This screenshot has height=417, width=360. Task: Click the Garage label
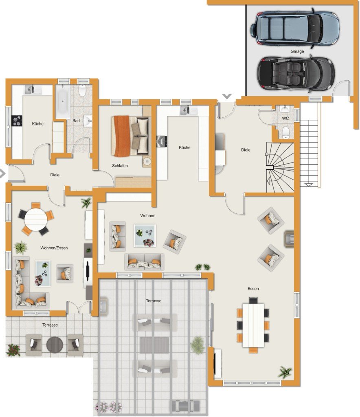coord(297,51)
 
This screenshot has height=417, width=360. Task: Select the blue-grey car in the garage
coord(294,27)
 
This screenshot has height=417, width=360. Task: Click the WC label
coord(285,119)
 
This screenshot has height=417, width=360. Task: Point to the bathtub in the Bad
coord(63,101)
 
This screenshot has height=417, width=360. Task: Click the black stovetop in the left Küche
coord(17,121)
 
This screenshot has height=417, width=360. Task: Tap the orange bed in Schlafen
coord(130,136)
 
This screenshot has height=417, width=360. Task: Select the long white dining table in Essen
coord(253,325)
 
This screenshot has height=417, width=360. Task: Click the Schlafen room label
coord(120,166)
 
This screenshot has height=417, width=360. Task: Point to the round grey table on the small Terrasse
coord(55,345)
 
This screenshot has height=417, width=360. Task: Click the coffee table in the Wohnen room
coord(145,236)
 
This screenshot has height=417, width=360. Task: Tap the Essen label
coord(253,289)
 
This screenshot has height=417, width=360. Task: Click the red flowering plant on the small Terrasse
coord(13,350)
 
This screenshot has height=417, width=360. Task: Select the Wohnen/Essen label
coord(54,248)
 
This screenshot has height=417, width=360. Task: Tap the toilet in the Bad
coord(82,90)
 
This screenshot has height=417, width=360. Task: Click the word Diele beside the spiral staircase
coord(246,150)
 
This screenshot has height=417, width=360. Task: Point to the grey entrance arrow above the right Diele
coord(227,97)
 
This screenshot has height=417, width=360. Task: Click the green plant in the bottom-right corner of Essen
coord(285,372)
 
